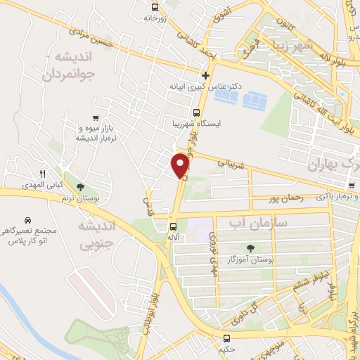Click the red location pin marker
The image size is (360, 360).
[x=181, y=165]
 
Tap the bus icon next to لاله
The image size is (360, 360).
[x=173, y=226]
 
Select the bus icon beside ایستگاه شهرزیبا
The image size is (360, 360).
[x=196, y=112]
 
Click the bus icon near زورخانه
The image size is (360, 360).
[x=155, y=8]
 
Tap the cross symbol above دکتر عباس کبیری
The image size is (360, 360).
[x=205, y=75]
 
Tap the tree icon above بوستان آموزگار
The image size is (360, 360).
[x=251, y=247]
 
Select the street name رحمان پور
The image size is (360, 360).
[x=284, y=200]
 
